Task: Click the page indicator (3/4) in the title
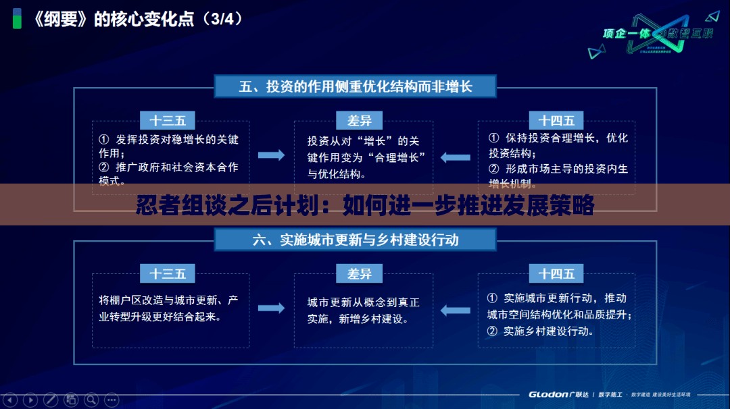tap(226, 19)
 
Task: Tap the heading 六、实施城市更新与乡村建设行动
tap(356, 240)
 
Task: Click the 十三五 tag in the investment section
tap(168, 121)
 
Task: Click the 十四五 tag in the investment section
tap(556, 121)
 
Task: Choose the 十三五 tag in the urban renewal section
tap(168, 273)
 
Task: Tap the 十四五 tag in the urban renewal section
tap(556, 273)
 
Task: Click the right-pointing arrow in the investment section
tap(272, 155)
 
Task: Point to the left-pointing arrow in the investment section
tap(456, 158)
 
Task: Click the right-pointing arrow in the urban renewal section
tap(272, 308)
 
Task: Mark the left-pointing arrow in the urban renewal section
tap(456, 310)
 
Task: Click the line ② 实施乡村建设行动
tap(541, 331)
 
